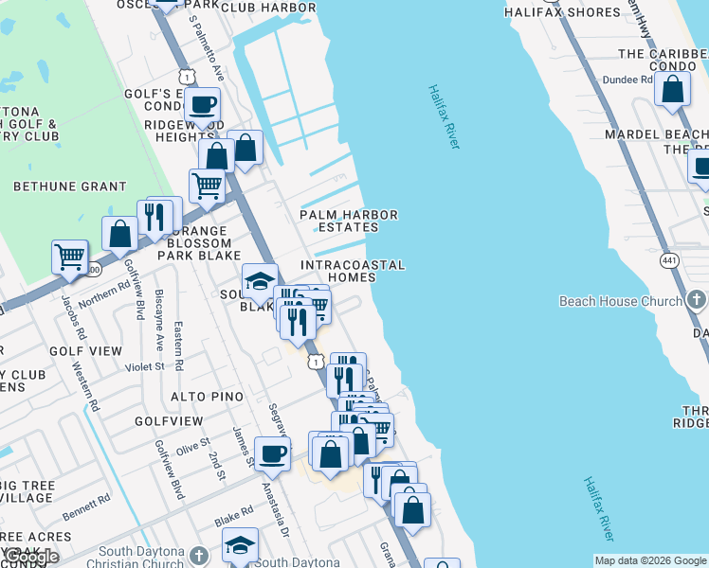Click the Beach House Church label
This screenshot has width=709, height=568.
(620, 301)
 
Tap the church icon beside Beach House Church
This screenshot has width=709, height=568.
(697, 301)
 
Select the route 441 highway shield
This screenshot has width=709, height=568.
(672, 258)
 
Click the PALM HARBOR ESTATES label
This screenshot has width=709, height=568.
(348, 221)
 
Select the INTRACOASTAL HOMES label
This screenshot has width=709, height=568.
(353, 271)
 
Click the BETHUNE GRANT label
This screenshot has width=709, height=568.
(69, 186)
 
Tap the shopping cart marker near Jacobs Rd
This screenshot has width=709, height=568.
(69, 257)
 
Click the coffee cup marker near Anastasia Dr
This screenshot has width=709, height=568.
(272, 453)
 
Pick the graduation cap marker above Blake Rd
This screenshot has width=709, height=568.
(241, 545)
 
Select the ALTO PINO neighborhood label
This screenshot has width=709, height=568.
(207, 396)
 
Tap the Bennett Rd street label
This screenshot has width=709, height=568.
(88, 506)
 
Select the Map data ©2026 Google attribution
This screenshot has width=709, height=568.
(650, 560)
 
